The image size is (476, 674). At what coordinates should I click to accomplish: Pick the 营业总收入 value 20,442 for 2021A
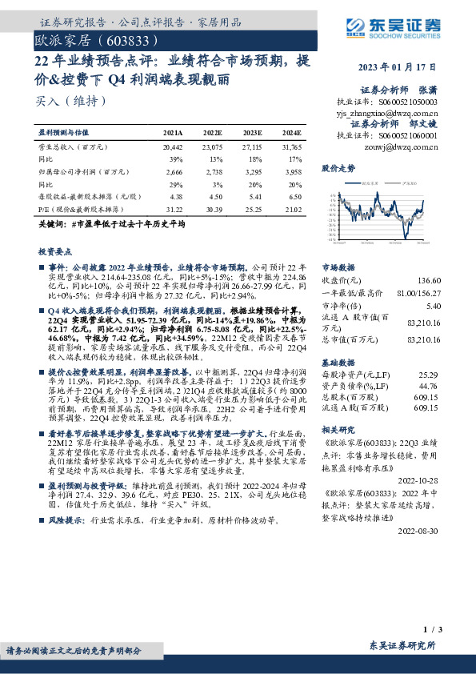[x=172, y=147]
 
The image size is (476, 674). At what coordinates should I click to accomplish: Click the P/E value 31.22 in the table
[x=173, y=208]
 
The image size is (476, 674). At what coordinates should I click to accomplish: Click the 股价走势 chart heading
[x=338, y=170]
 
